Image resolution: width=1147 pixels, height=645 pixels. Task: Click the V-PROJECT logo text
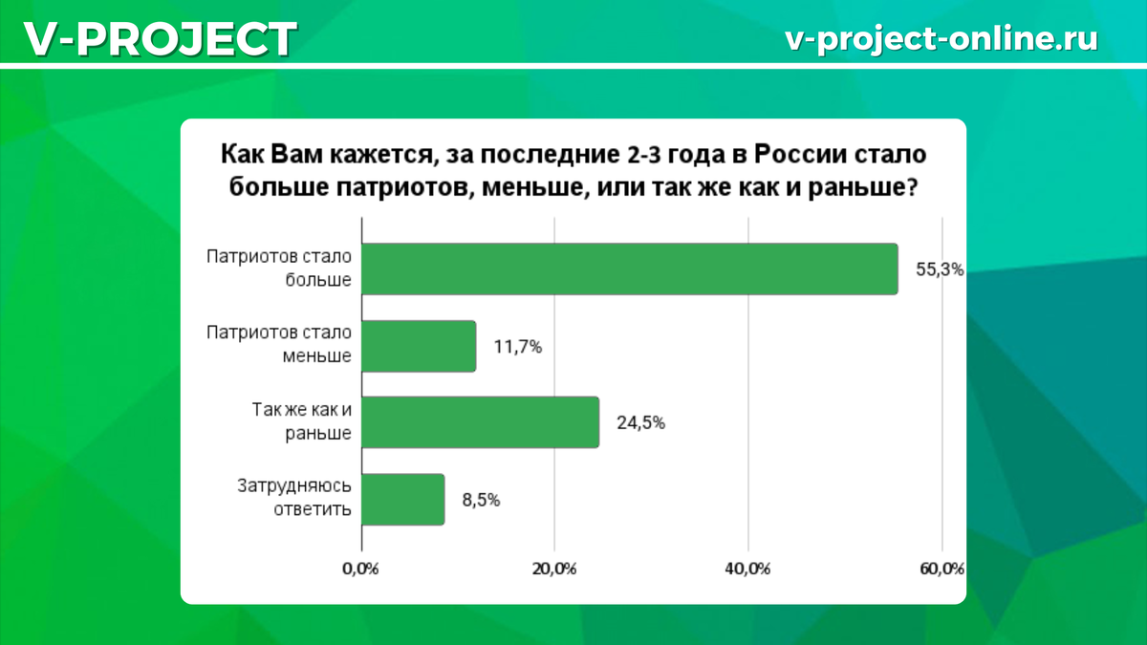point(161,39)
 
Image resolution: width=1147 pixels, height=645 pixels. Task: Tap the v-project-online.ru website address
point(941,39)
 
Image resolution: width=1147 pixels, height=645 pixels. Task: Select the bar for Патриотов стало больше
point(630,269)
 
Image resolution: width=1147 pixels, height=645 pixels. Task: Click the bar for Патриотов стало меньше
point(419,346)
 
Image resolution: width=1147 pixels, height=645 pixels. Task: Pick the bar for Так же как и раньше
point(480,422)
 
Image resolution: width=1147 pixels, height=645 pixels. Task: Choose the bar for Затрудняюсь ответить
point(403,499)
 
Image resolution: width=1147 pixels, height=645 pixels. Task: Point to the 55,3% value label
point(940,269)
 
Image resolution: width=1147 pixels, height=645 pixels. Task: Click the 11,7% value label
point(518,347)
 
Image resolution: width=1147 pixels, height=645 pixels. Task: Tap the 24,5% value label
point(640,422)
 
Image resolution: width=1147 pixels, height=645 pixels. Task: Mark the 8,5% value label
point(481,500)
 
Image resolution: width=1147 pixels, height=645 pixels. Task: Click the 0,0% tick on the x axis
point(360,569)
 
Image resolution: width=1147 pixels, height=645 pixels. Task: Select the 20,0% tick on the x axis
point(554,569)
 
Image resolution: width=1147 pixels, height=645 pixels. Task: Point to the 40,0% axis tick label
point(747,569)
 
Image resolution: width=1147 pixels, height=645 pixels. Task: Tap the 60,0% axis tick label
point(942,569)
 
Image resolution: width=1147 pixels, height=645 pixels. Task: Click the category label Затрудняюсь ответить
point(294,498)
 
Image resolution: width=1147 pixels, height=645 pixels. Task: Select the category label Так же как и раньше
point(302,421)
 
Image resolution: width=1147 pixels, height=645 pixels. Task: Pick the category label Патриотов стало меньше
point(279,344)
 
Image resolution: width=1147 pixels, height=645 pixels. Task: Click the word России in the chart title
point(800,154)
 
